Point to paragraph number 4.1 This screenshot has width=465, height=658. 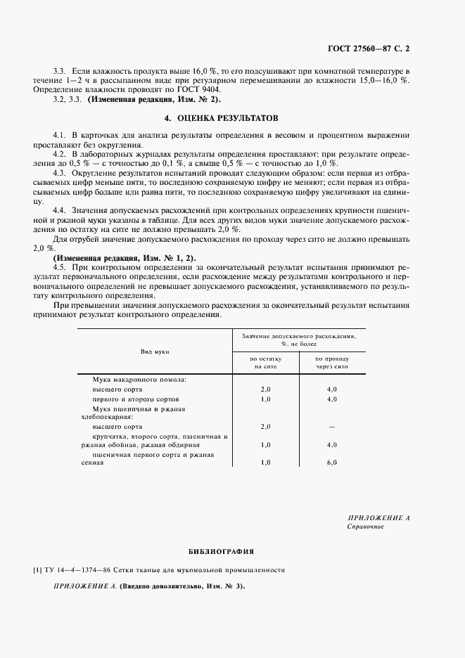pyautogui.click(x=60, y=134)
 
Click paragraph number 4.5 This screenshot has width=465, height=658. pyautogui.click(x=60, y=268)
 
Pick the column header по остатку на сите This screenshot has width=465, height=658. pyautogui.click(x=265, y=362)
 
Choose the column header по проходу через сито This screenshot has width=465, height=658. pyautogui.click(x=331, y=362)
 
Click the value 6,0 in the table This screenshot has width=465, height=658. pyautogui.click(x=331, y=463)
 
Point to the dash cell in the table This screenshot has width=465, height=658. pyautogui.click(x=331, y=427)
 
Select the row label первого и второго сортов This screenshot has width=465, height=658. pyautogui.click(x=132, y=399)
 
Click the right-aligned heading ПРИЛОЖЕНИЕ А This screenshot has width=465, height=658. pyautogui.click(x=378, y=517)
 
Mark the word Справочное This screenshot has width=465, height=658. pyautogui.click(x=366, y=527)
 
